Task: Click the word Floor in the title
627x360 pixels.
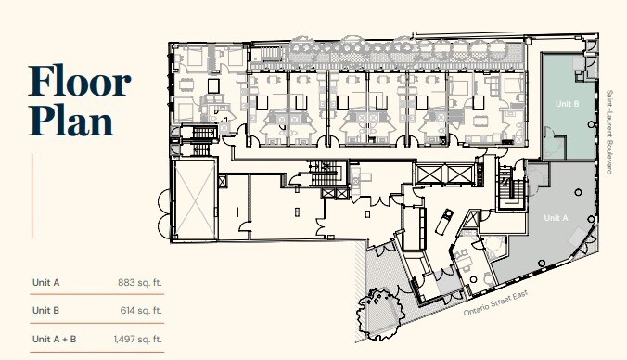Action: click(80, 83)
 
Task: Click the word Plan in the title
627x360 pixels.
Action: click(70, 122)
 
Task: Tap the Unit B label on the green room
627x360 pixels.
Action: click(566, 105)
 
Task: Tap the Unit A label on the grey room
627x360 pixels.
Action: click(555, 217)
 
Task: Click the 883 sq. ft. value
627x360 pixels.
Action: click(142, 282)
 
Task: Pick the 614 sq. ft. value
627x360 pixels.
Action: click(142, 310)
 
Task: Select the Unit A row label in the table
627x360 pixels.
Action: click(45, 282)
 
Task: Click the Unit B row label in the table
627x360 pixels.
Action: click(45, 310)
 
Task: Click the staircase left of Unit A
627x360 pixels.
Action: click(508, 189)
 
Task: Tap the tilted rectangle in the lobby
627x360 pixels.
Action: click(444, 222)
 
